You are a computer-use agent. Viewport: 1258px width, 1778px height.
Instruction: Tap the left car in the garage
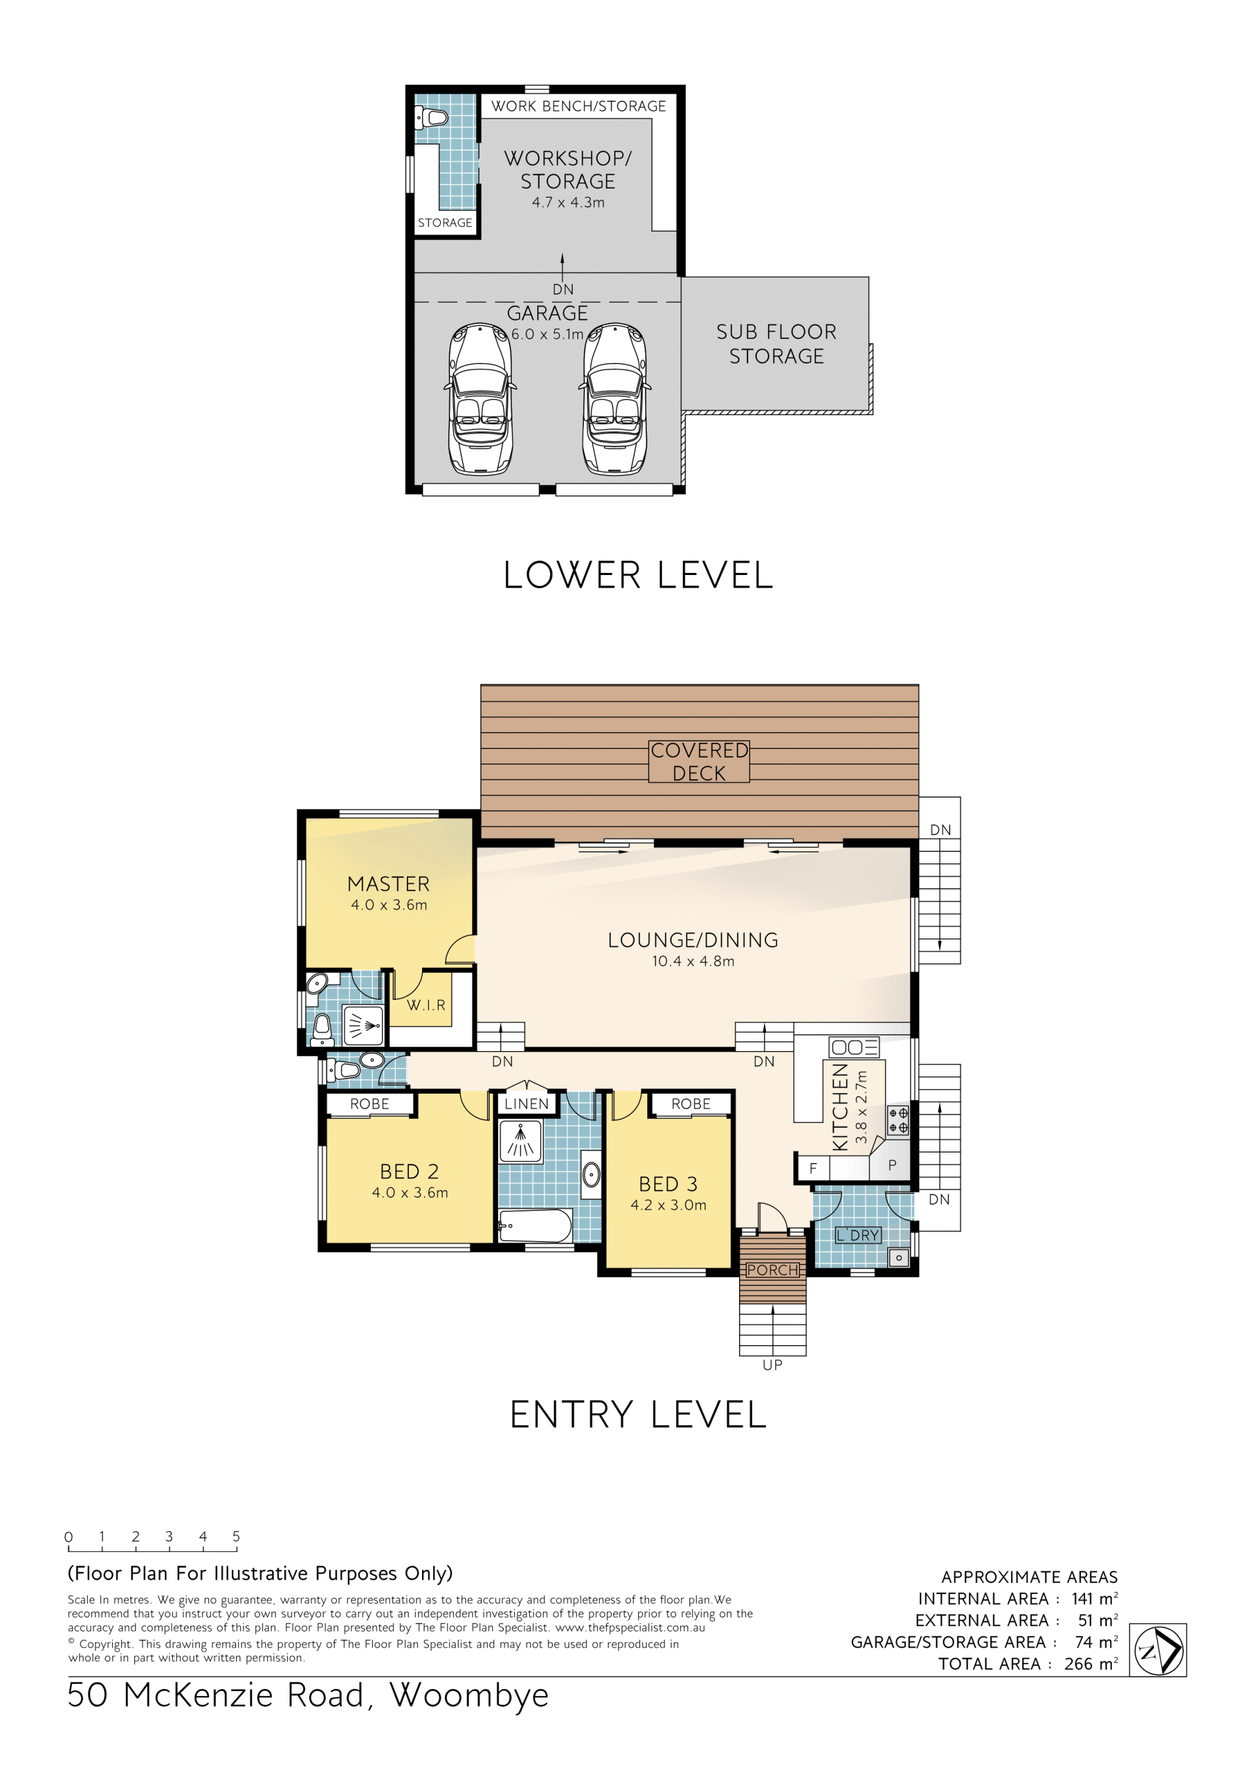click(x=480, y=399)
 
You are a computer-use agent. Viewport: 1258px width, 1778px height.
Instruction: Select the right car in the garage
click(x=615, y=399)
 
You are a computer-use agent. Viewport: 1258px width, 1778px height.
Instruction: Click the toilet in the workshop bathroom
click(x=432, y=119)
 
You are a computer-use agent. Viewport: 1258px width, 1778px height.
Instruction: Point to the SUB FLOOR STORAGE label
click(x=776, y=344)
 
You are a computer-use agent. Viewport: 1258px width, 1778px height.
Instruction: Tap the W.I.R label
click(x=426, y=1005)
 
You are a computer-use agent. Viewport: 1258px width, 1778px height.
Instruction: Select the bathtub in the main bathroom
click(x=535, y=1226)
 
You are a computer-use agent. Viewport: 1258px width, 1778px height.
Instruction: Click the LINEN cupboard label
click(x=527, y=1103)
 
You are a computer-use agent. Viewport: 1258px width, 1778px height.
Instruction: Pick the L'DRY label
click(x=858, y=1235)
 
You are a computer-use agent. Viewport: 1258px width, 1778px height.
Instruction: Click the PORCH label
click(x=772, y=1270)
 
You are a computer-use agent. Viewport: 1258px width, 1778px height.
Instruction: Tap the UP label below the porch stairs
click(x=772, y=1365)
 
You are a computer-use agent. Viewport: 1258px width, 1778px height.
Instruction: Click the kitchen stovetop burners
click(x=898, y=1121)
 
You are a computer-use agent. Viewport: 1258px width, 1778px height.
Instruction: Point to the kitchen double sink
click(x=854, y=1048)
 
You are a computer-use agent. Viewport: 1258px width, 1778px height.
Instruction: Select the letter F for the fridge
click(x=812, y=1168)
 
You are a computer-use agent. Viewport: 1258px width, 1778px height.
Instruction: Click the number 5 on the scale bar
click(x=237, y=1536)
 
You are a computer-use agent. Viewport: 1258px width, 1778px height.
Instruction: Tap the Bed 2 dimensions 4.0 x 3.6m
click(x=410, y=1193)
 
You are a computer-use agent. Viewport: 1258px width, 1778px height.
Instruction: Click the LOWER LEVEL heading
click(x=638, y=576)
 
